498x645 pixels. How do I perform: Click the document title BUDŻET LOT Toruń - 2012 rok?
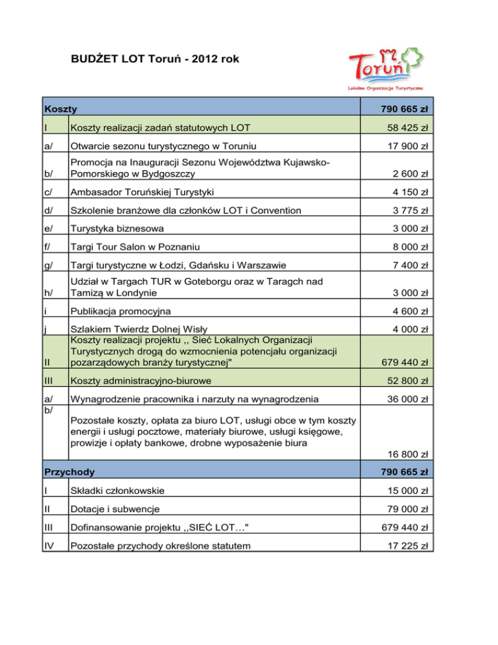coord(155,59)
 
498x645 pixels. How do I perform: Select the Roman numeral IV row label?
coord(50,546)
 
